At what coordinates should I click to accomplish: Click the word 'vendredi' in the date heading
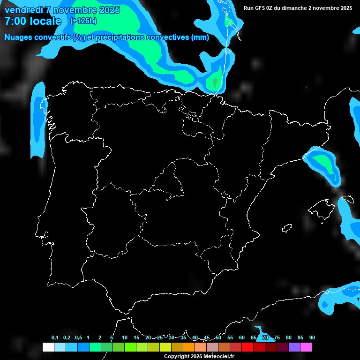23,10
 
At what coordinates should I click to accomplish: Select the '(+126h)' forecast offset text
83,21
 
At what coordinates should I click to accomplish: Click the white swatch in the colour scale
48,347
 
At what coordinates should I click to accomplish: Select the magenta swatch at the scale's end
306,347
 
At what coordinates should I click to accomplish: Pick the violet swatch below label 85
294,347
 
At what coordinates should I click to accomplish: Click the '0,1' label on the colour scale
55,338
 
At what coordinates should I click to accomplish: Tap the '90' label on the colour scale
312,338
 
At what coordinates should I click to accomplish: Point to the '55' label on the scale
230,338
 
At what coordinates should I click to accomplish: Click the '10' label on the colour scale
125,338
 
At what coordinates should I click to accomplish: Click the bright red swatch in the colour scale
247,347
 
